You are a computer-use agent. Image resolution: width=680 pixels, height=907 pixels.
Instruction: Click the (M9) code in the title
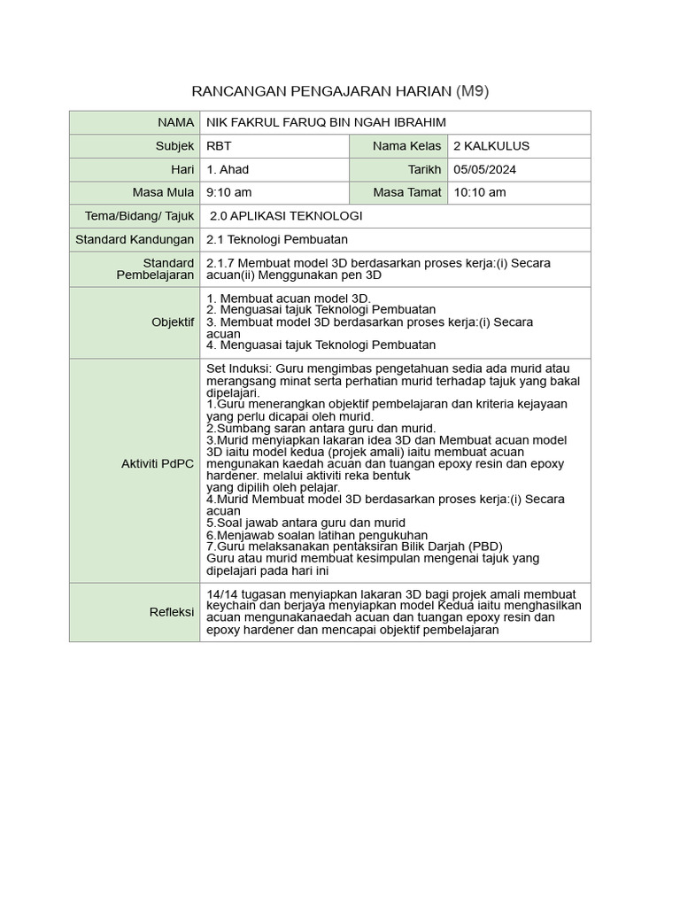(x=471, y=91)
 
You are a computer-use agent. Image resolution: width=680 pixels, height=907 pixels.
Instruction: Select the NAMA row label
(x=176, y=122)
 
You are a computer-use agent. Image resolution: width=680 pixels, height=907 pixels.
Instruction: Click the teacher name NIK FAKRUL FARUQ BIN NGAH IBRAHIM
(x=326, y=122)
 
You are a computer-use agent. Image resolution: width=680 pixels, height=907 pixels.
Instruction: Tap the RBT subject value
(x=219, y=146)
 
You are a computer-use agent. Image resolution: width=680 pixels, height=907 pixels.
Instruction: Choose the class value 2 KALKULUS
(x=491, y=146)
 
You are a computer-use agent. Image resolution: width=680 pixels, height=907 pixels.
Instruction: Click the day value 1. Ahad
(x=228, y=169)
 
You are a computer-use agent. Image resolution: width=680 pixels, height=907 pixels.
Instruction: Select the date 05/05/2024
(x=484, y=169)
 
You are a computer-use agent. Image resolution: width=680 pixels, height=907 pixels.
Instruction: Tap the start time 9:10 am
(x=228, y=192)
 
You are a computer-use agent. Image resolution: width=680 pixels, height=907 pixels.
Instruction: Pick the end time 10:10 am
(x=479, y=192)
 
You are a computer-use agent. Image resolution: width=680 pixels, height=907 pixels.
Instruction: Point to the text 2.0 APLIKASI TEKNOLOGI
(x=286, y=216)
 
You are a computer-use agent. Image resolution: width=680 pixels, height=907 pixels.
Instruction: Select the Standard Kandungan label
(x=135, y=239)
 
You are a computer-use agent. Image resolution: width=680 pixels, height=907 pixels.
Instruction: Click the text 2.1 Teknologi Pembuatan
(x=277, y=239)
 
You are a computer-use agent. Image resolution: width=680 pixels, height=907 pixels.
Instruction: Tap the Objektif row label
(x=173, y=322)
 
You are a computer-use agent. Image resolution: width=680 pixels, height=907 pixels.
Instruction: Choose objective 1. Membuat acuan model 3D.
(x=289, y=298)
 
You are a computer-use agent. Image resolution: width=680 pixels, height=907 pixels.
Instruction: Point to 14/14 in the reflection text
(x=220, y=593)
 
